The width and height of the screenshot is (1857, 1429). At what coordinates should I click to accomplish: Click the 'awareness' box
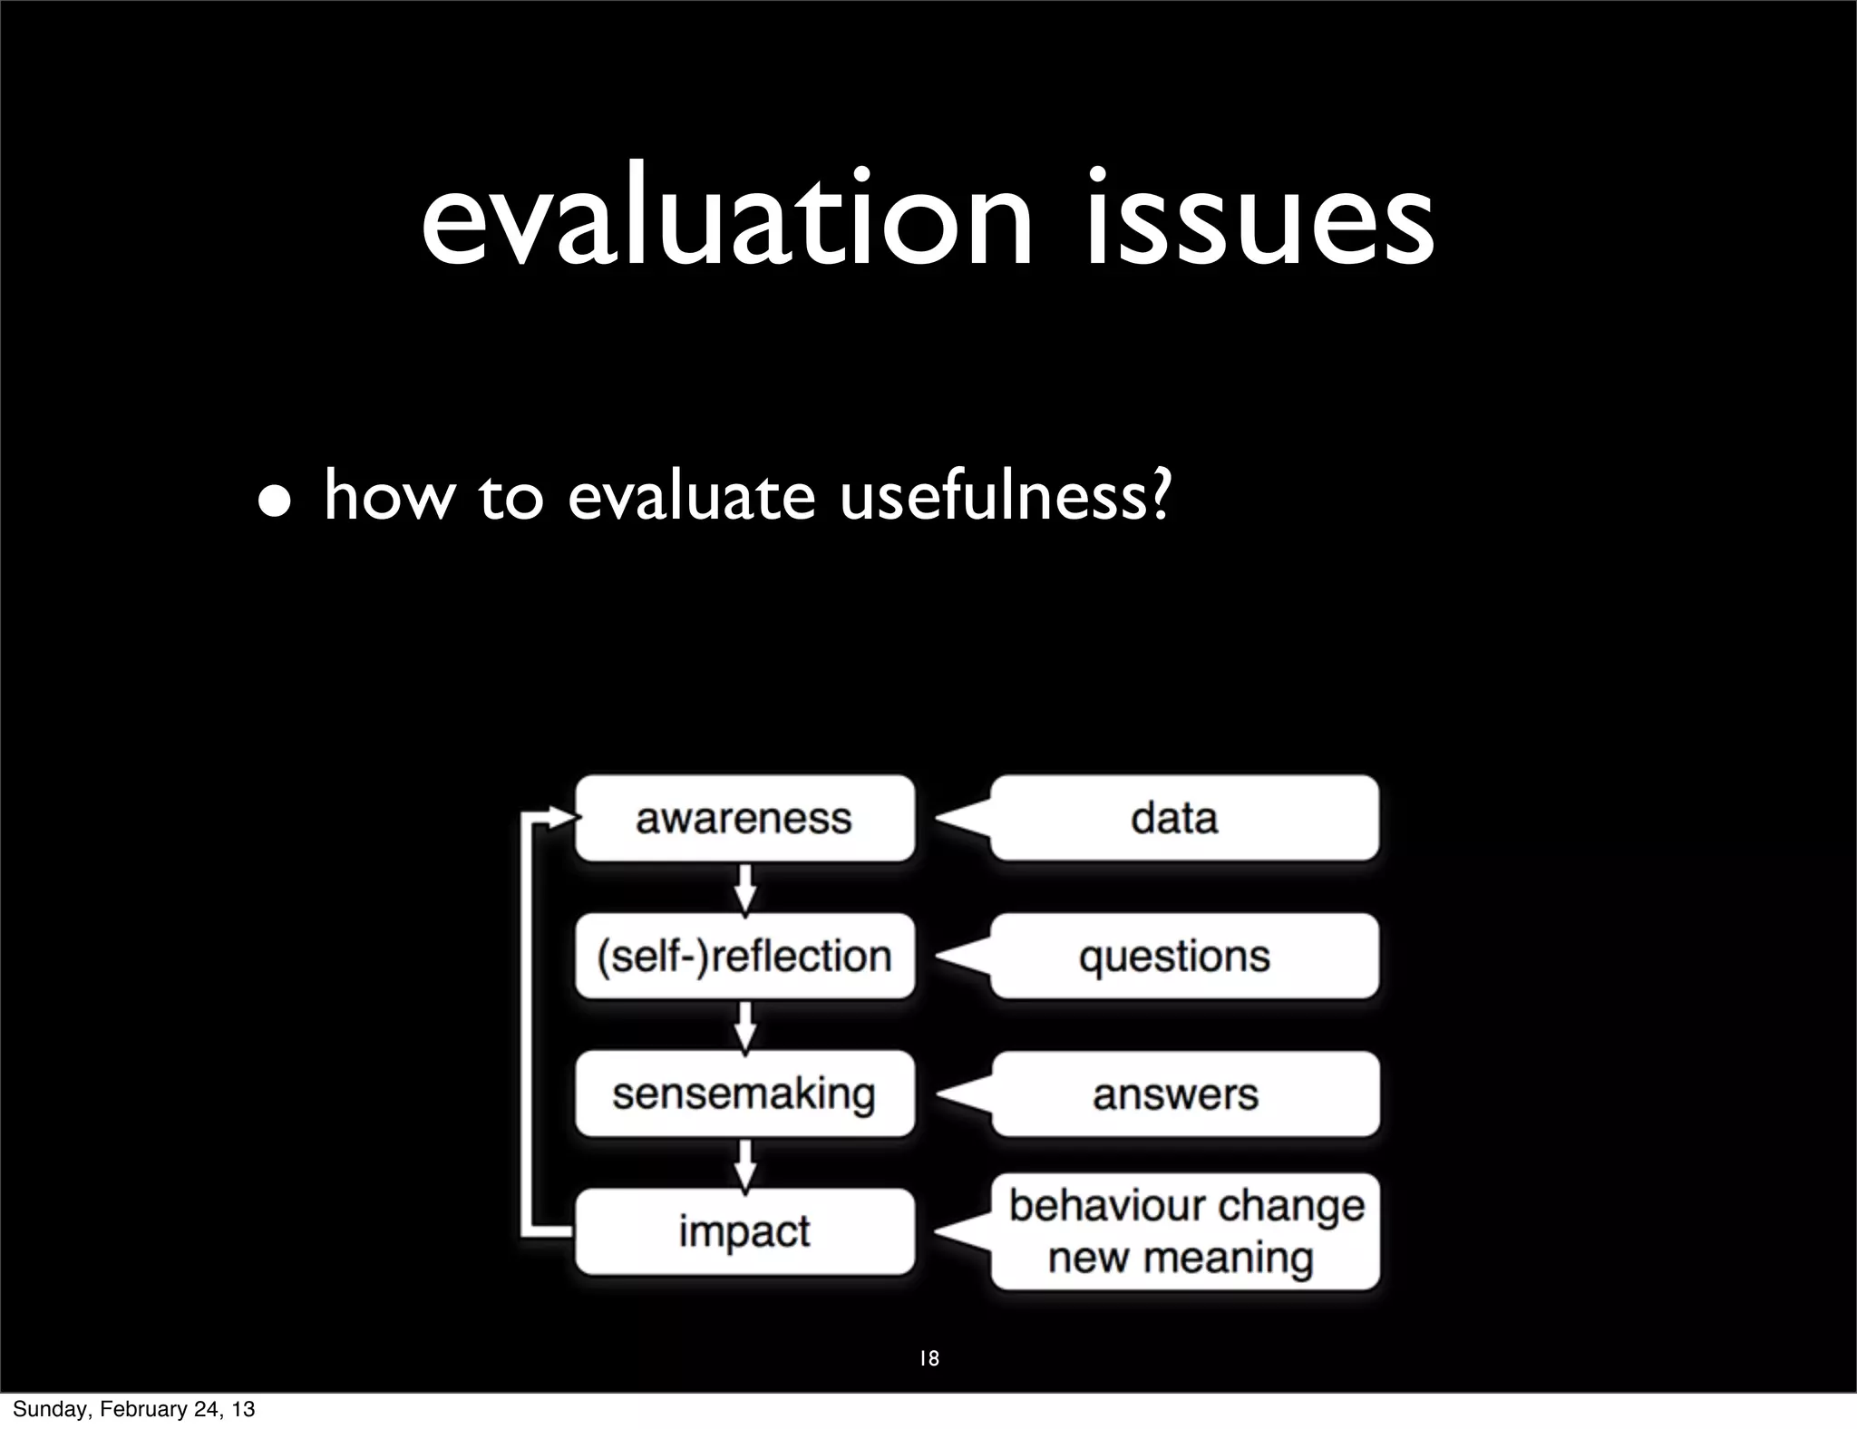coord(744,818)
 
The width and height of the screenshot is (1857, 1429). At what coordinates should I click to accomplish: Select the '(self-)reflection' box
coord(744,957)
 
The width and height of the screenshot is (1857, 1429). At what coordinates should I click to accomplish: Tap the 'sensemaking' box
coord(744,1094)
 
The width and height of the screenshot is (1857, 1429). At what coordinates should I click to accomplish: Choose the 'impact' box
coord(744,1231)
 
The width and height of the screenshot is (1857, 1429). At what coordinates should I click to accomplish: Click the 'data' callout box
coord(1183,818)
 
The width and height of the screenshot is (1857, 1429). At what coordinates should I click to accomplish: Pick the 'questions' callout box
coord(1183,957)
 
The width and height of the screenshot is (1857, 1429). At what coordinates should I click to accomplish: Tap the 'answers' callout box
coord(1183,1094)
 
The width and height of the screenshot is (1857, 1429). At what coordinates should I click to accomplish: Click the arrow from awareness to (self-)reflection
coord(744,889)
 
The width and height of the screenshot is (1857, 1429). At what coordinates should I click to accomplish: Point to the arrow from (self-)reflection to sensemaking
coord(744,1026)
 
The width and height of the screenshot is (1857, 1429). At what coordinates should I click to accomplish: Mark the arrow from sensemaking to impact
coord(744,1163)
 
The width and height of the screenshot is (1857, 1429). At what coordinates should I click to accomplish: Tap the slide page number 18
coord(928,1358)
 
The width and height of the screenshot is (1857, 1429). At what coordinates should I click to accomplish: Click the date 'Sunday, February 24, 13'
coord(133,1409)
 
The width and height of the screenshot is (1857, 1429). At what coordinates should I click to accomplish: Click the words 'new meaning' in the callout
coord(1181,1259)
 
